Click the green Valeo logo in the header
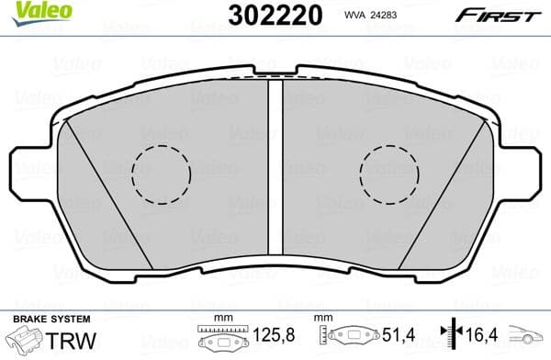pyautogui.click(x=29, y=10)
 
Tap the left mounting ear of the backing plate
pyautogui.click(x=28, y=171)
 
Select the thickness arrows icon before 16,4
pyautogui.click(x=448, y=339)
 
